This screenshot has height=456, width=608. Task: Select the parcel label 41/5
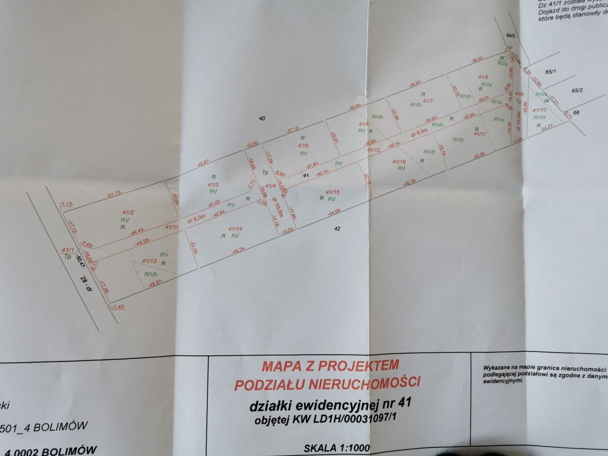click(x=303, y=146)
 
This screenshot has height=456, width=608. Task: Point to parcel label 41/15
click(x=333, y=192)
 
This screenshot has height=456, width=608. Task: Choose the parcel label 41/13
click(x=150, y=261)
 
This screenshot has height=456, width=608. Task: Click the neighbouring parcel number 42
click(x=338, y=228)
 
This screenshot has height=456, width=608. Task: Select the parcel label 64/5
click(x=511, y=36)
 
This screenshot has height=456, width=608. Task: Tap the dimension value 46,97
click(x=155, y=283)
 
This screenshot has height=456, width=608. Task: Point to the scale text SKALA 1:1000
click(x=336, y=447)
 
